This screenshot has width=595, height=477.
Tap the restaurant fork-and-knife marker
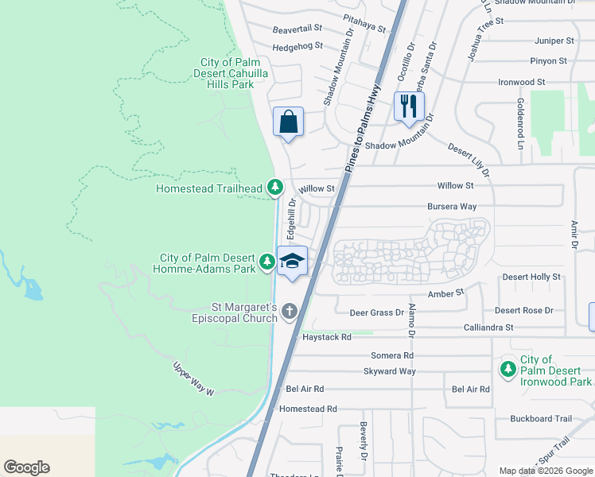(x=409, y=106)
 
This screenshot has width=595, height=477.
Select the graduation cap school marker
(x=292, y=262)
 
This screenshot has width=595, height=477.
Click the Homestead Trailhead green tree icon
(x=275, y=188)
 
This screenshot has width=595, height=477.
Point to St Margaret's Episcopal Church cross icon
(x=289, y=312)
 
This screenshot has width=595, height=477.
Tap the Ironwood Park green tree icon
(x=507, y=370)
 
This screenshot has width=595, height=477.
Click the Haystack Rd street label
(x=326, y=337)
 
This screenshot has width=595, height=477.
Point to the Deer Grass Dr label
(x=376, y=312)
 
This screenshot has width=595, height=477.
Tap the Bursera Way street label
(x=451, y=206)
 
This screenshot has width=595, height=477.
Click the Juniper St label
(x=554, y=41)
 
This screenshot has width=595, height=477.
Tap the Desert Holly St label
(x=531, y=277)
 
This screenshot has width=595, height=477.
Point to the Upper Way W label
(x=194, y=380)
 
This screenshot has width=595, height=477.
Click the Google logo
(x=26, y=467)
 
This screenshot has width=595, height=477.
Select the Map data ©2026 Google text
(x=545, y=471)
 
